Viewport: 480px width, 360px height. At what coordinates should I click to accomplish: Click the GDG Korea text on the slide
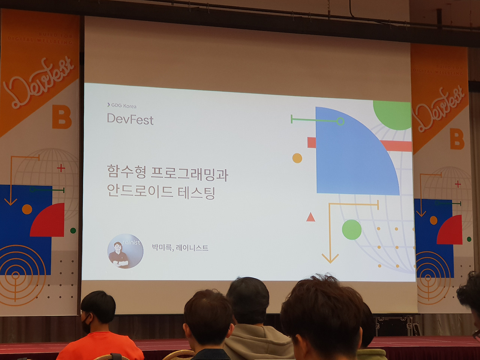coord(123,106)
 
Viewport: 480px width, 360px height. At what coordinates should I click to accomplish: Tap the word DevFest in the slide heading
coord(130,119)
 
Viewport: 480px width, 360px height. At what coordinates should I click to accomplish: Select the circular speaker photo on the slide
coord(125,251)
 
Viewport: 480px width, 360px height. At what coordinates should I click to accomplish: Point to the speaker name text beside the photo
coord(180,247)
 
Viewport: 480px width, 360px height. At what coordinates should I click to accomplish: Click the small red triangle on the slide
coord(310,217)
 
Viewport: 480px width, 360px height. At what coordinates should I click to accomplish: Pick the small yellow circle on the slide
coord(297,158)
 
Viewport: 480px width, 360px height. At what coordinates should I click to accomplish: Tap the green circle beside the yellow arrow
coord(351,229)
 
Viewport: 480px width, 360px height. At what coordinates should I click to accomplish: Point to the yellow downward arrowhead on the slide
coord(330,258)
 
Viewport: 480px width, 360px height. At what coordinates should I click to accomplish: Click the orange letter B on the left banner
coord(61,117)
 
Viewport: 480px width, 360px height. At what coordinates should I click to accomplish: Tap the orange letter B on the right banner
coord(457,139)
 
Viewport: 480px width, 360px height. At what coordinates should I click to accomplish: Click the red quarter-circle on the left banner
coord(50,222)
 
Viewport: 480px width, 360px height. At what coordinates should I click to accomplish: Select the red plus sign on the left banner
coord(61,168)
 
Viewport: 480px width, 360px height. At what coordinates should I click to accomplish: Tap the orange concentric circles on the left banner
coord(17,276)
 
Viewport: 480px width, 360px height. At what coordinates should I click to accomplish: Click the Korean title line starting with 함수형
coord(167,173)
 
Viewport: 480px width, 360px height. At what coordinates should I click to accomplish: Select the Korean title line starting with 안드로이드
coord(160,192)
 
